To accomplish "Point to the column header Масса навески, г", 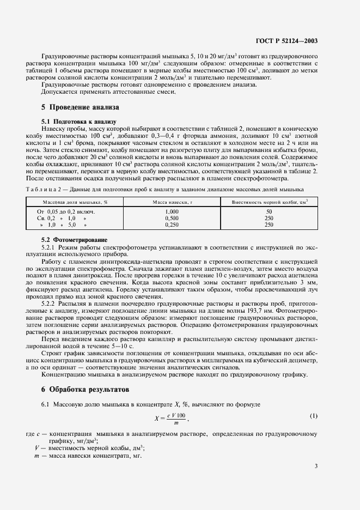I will pos(172,202).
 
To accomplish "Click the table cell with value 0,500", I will pos(172,217).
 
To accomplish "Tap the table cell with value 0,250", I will pos(172,224).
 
